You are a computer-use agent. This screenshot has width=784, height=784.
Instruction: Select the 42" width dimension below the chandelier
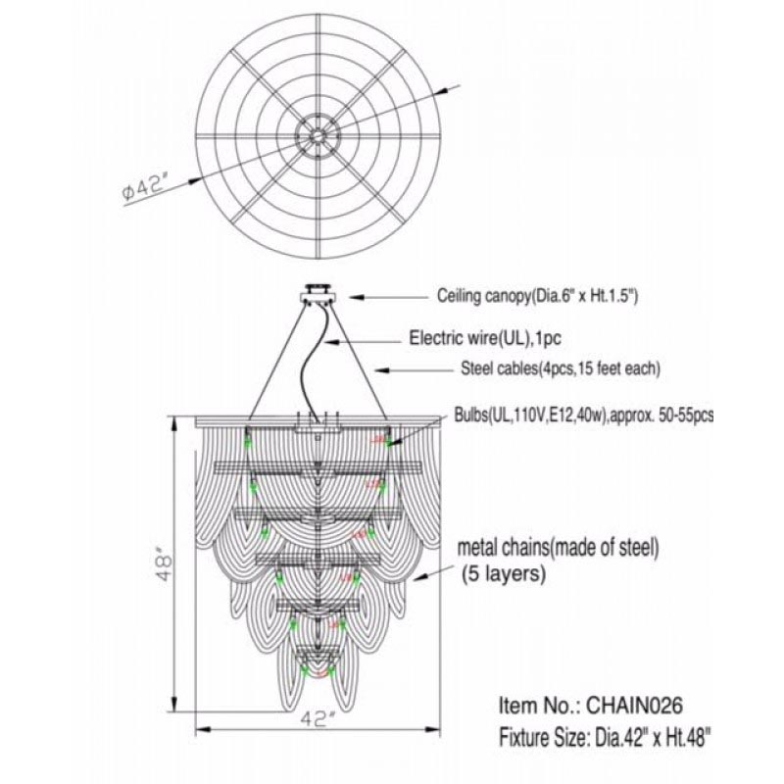point(318,719)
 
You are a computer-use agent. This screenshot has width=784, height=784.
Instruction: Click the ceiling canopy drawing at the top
point(318,295)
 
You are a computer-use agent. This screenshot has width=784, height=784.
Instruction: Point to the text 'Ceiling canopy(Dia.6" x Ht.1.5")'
point(537,296)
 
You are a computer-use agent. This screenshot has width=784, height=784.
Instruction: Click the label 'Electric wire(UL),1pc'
point(485,338)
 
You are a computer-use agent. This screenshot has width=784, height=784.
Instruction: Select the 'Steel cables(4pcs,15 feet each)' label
point(561,369)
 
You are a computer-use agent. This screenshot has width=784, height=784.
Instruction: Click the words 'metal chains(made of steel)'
point(558,549)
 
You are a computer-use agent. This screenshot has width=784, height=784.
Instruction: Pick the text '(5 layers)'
point(503,573)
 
